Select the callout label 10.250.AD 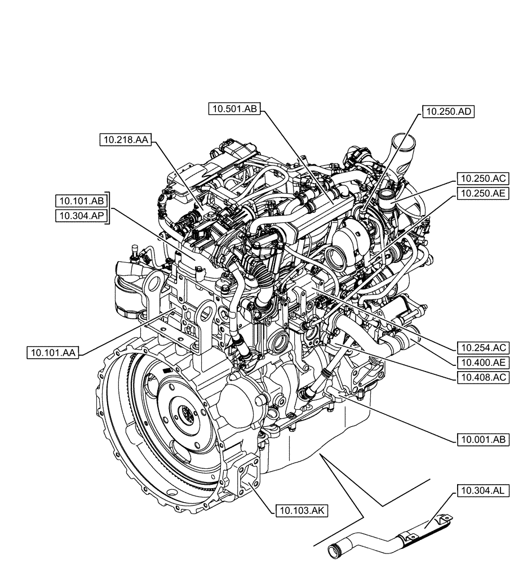click(x=448, y=112)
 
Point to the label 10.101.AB click(x=81, y=201)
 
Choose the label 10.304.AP click(x=81, y=216)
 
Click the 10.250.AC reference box click(x=484, y=180)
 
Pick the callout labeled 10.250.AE click(x=484, y=194)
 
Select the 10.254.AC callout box click(x=484, y=347)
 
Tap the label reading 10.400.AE click(x=484, y=362)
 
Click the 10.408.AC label click(x=484, y=377)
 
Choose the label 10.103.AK click(x=302, y=511)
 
